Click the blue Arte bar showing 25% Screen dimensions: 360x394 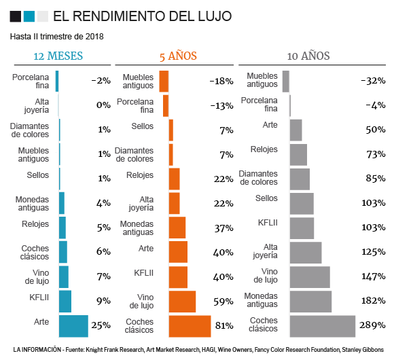pyautogui.click(x=73, y=325)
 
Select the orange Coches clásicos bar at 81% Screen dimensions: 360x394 pyautogui.click(x=190, y=326)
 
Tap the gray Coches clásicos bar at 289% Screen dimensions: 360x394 pyautogui.click(x=322, y=326)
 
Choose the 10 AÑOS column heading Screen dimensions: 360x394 pyautogui.click(x=308, y=56)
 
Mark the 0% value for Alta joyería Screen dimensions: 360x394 pyautogui.click(x=103, y=105)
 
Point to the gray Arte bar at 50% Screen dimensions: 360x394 pyautogui.click(x=295, y=130)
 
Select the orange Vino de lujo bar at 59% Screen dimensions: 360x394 pyautogui.click(x=182, y=301)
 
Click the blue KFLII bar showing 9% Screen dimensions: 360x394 pyautogui.click(x=65, y=301)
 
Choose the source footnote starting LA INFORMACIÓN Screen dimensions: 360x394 pyautogui.click(x=197, y=350)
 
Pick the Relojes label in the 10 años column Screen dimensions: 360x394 pyautogui.click(x=264, y=149)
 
